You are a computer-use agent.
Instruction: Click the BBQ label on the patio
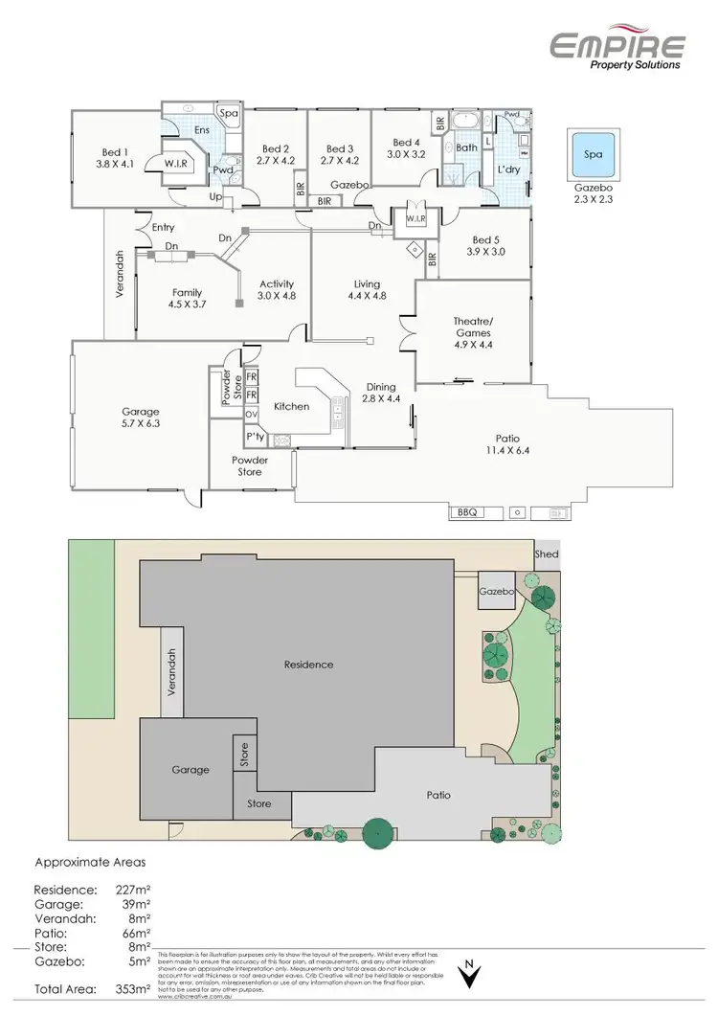(x=467, y=512)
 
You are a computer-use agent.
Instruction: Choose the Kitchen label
(x=291, y=406)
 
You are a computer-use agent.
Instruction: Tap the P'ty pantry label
(x=255, y=437)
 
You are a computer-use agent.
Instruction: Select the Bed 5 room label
(x=486, y=240)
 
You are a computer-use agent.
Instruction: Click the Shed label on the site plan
(x=547, y=554)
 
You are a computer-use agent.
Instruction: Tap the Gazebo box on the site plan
(x=497, y=593)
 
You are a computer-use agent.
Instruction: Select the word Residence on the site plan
(x=308, y=665)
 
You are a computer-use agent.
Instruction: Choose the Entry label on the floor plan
(x=164, y=227)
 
